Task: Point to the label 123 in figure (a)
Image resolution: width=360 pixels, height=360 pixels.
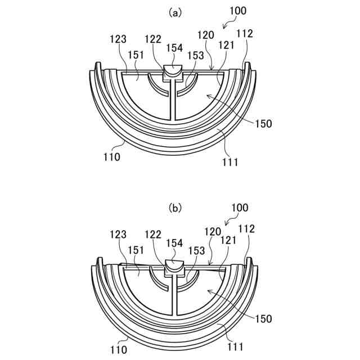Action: (x=119, y=39)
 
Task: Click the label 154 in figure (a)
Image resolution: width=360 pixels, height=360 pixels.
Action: (x=174, y=48)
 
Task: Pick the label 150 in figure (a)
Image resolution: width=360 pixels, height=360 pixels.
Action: (x=262, y=123)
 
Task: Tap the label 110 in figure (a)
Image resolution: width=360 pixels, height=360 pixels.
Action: (x=111, y=157)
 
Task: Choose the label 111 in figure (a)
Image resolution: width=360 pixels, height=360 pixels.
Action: (x=230, y=163)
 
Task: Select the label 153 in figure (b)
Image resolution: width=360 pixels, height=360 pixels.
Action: (x=196, y=251)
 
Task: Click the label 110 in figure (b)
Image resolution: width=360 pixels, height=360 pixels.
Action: (x=119, y=350)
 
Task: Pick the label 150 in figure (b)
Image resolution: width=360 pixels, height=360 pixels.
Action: (x=263, y=318)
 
